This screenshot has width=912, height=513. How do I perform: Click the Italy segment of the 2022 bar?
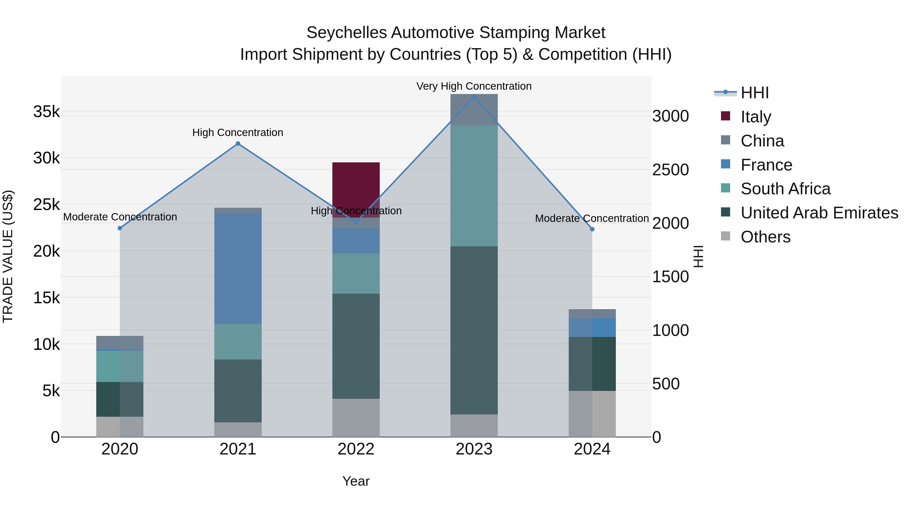pos(356,184)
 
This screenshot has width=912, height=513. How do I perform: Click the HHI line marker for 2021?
pos(238,144)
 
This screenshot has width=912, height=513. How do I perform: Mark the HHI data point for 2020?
pos(120,228)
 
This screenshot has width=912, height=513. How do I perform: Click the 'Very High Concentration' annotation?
pos(474,86)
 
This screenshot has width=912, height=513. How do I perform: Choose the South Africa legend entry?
pos(785,189)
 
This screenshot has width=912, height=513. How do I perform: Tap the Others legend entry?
pos(765,237)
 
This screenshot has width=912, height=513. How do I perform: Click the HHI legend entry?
pos(754,93)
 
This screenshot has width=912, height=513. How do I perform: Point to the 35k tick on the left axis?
pos(46,112)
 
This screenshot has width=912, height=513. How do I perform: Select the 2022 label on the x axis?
pos(356,449)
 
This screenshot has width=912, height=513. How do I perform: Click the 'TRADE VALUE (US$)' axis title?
pos(8,256)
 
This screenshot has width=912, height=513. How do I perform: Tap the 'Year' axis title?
pos(356,481)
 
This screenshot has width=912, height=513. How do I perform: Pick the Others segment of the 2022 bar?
pos(356,418)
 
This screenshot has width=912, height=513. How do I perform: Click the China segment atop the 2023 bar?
pos(474,110)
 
